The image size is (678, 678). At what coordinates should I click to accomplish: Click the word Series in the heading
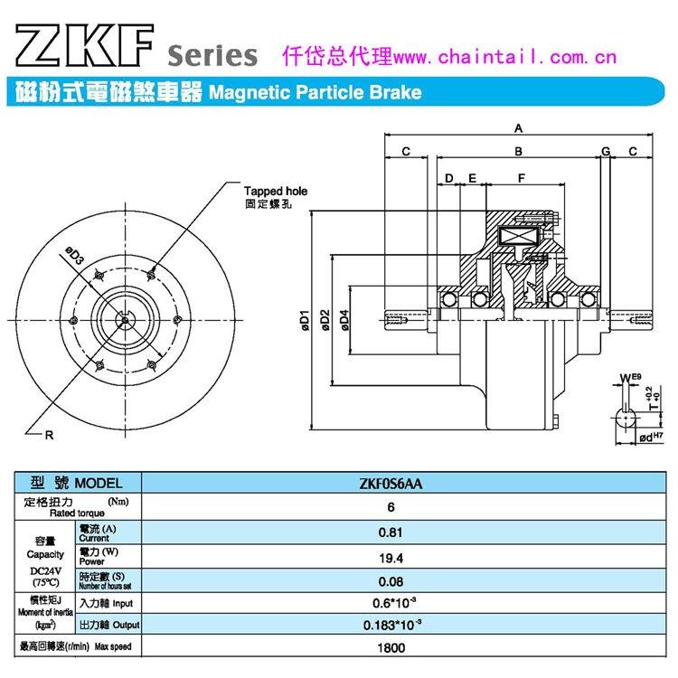click(x=212, y=56)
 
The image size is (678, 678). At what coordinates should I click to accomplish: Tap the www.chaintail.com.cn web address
click(x=492, y=57)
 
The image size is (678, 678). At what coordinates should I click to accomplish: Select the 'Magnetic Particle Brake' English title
click(x=315, y=92)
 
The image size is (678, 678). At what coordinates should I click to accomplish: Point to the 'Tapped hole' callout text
click(x=276, y=192)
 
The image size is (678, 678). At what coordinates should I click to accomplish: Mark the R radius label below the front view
click(x=49, y=435)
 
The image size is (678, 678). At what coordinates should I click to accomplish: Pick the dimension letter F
click(x=522, y=177)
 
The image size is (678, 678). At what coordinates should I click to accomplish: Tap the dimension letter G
click(x=606, y=150)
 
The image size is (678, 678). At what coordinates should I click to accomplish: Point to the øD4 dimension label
click(x=344, y=318)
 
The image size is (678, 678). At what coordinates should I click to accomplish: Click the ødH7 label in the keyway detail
click(x=650, y=438)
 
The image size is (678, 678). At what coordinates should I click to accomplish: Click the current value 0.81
click(x=391, y=532)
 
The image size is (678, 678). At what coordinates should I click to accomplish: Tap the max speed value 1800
click(x=391, y=647)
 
